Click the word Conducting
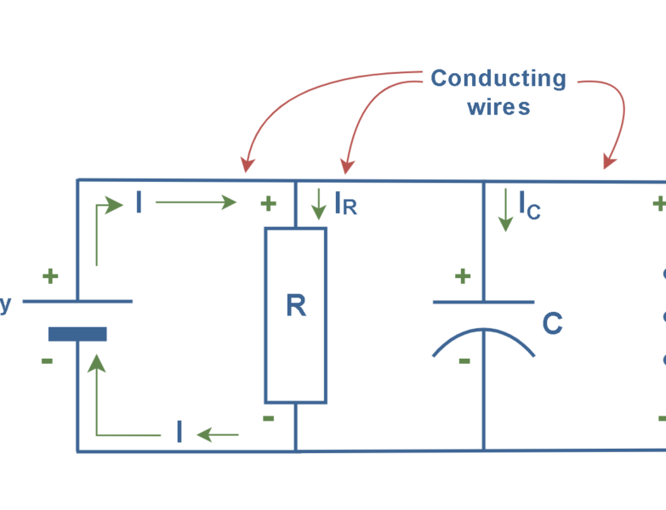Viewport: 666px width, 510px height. click(498, 78)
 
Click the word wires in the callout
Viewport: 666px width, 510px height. click(498, 107)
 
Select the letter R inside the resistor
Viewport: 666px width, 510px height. click(295, 306)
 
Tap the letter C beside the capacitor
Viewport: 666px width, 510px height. click(552, 324)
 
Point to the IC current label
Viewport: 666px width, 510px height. click(529, 204)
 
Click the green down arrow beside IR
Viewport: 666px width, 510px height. click(319, 202)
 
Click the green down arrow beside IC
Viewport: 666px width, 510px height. click(505, 211)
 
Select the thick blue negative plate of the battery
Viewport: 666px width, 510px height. click(77, 334)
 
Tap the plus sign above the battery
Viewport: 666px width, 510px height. click(51, 276)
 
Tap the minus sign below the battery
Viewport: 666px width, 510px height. click(47, 361)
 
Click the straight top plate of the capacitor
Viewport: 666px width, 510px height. click(483, 301)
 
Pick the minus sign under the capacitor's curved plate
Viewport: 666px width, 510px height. click(464, 360)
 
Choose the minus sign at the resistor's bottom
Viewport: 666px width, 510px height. click(268, 418)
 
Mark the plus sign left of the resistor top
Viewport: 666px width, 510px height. click(268, 204)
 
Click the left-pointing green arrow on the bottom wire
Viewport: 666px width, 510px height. click(218, 434)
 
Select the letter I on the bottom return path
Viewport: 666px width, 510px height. click(179, 433)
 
